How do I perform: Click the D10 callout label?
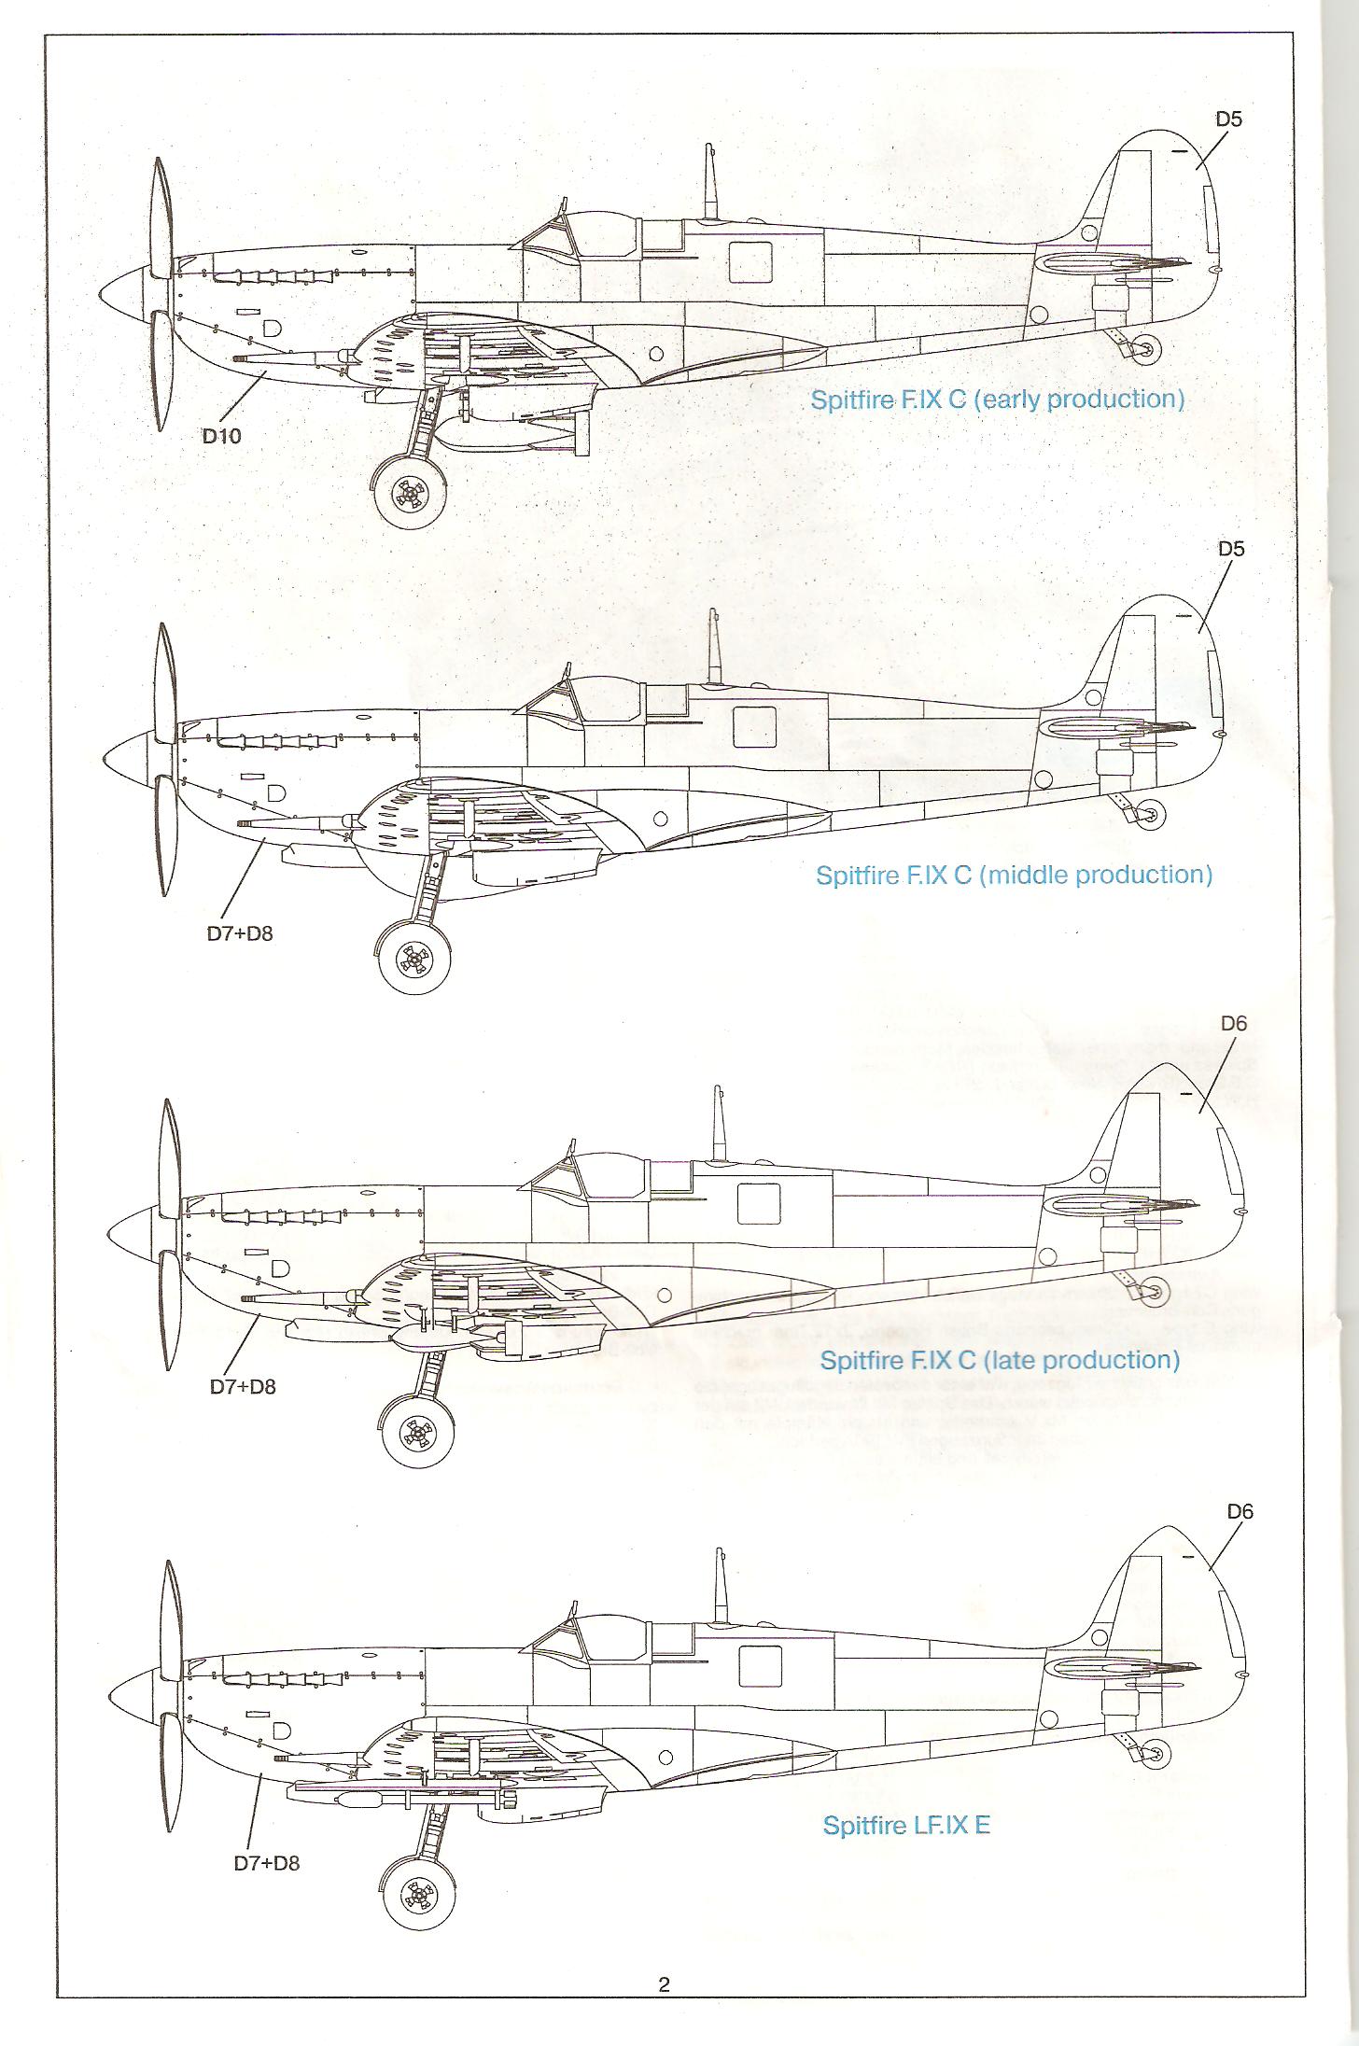pos(222,435)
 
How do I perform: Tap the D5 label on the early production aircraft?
pos(1228,119)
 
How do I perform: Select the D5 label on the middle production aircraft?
pos(1231,549)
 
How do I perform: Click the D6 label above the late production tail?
pos(1234,1023)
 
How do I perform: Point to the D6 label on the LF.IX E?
pos(1240,1511)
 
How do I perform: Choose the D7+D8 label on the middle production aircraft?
pos(240,933)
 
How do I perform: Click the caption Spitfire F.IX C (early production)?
pos(997,399)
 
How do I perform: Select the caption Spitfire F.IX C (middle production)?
pos(1014,875)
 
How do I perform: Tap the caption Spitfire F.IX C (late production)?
pos(1000,1359)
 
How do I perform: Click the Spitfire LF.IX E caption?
pos(905,1825)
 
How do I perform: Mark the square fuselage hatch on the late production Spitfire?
pos(758,1204)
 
